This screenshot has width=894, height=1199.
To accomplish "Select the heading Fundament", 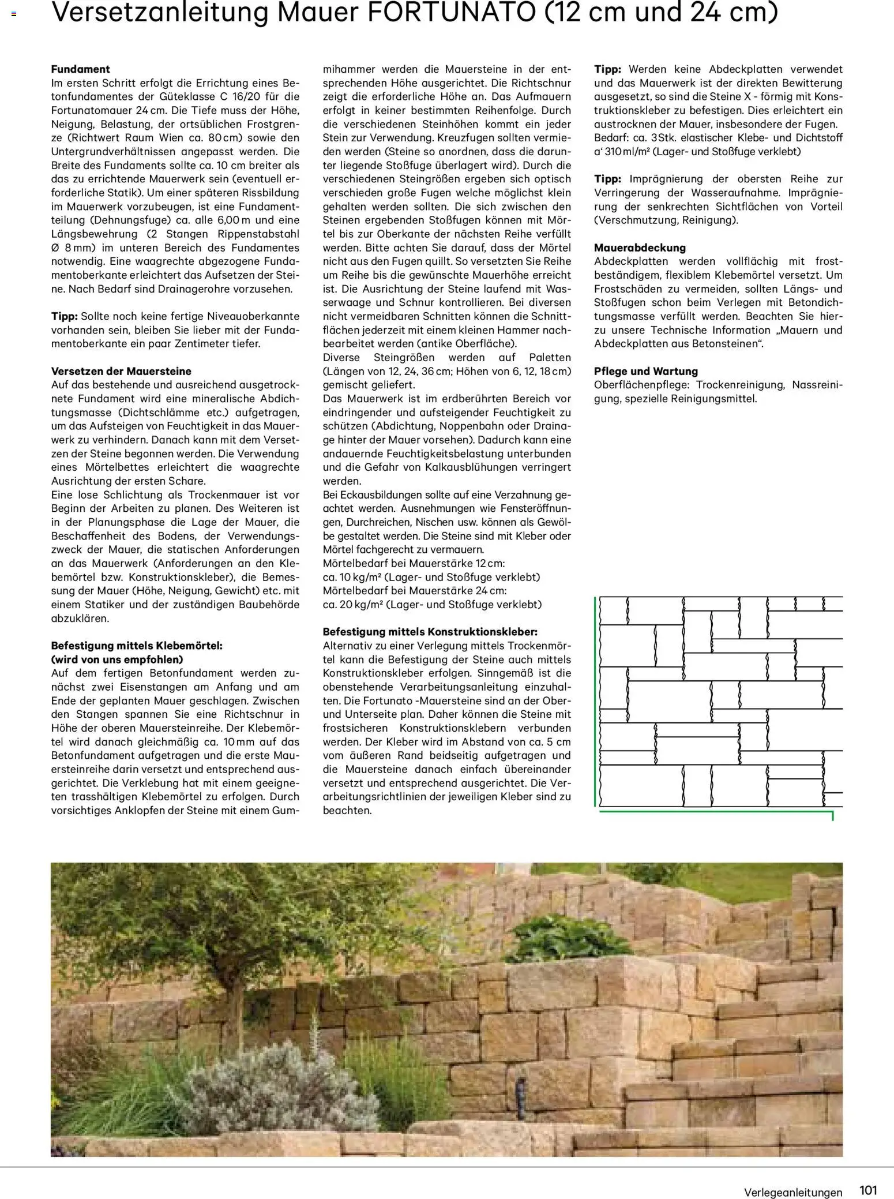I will (x=80, y=69).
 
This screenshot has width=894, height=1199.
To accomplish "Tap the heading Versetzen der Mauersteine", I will (x=121, y=371).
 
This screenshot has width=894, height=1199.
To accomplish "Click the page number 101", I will (x=867, y=1190).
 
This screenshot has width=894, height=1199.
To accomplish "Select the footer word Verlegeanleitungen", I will (x=792, y=1192).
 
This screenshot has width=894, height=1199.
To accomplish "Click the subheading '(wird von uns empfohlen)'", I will (x=117, y=659).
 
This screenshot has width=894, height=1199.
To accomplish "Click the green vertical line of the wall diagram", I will (x=595, y=704).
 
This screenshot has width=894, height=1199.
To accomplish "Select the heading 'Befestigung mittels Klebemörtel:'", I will (x=137, y=646).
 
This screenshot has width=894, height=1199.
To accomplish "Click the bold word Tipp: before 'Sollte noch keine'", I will (x=65, y=316).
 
